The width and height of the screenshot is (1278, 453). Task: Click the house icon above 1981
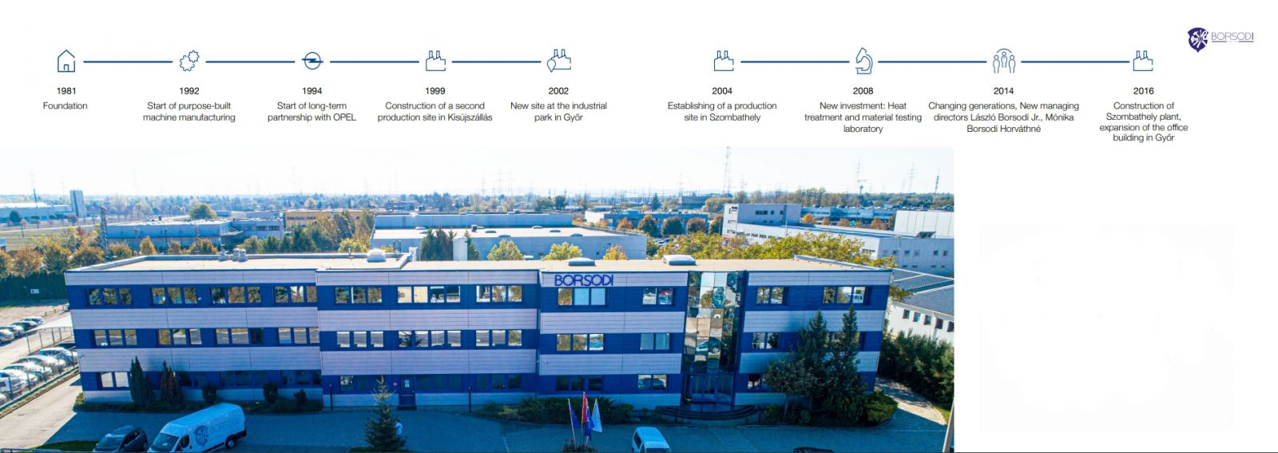pos(66,61)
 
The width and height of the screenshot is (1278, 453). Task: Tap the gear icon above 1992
pos(189,61)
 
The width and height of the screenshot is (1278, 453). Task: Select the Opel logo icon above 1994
pos(312,61)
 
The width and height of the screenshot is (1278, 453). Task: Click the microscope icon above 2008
pos(863,61)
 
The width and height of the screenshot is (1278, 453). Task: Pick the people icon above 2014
pos(1003,61)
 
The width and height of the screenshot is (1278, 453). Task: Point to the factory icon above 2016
pos(1143,61)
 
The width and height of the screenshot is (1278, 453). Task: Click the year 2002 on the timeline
pos(558,91)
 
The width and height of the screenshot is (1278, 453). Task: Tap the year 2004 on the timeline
pos(722,91)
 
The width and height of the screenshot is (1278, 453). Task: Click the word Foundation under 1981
pos(65,105)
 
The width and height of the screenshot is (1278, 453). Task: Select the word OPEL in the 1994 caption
pos(343,117)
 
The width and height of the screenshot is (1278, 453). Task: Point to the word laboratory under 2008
pos(863,129)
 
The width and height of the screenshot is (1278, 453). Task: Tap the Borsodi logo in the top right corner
pos(1220,39)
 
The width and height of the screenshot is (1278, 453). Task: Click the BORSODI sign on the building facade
pos(584,280)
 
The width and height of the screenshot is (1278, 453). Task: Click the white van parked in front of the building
pos(197,428)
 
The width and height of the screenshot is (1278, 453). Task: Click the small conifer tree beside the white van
pos(384,416)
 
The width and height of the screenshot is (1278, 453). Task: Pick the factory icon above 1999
pos(435,61)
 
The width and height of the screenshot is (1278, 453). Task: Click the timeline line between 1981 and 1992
pos(128,62)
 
